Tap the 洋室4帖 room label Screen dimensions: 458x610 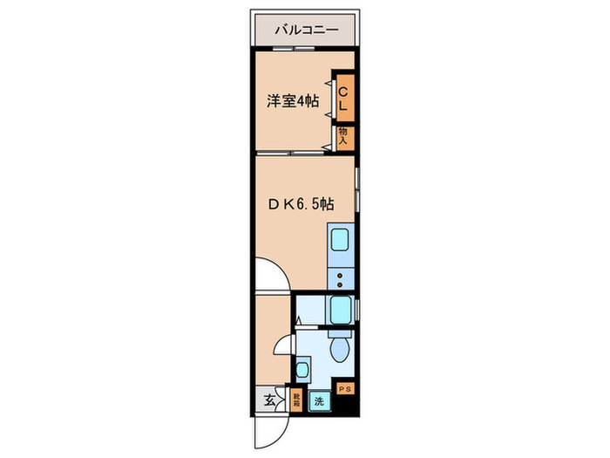292,101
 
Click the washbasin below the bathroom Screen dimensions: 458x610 303,367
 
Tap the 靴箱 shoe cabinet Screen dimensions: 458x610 297,400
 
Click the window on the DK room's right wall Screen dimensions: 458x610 357,188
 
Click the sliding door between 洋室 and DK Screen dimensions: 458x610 292,153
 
